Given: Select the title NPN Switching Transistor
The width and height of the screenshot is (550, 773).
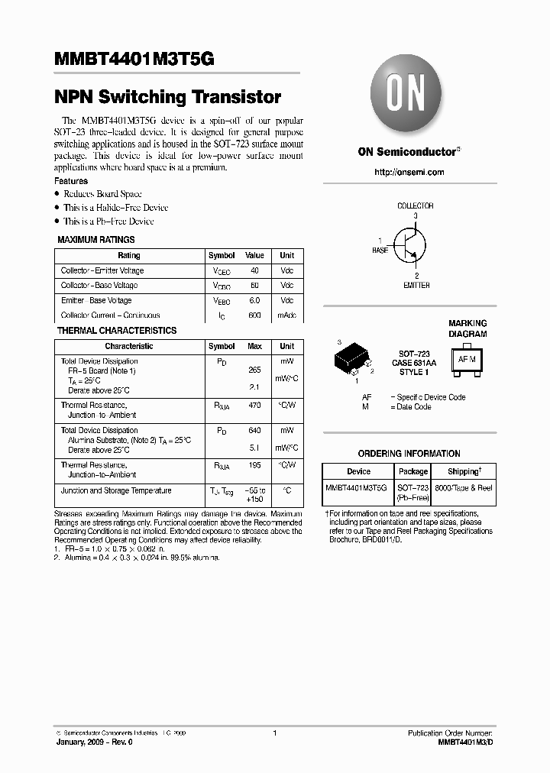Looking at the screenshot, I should click(167, 98).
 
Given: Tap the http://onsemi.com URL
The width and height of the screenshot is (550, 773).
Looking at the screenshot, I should click(409, 172).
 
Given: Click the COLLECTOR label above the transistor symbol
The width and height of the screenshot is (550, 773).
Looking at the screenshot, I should click(416, 205).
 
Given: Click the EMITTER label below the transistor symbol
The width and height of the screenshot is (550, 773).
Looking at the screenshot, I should click(416, 285).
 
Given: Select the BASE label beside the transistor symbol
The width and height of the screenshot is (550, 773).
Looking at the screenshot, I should click(380, 250).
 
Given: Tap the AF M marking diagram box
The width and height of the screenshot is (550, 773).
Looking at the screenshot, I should click(467, 358).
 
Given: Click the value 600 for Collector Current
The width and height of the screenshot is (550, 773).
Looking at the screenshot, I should click(254, 315).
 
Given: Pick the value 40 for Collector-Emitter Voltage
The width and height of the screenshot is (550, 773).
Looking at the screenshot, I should click(254, 270).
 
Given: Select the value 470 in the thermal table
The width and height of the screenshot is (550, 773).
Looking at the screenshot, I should click(254, 405).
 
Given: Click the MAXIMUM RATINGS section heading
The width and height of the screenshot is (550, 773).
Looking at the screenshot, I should click(96, 240).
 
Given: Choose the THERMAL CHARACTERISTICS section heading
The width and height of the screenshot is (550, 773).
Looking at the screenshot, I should click(117, 331).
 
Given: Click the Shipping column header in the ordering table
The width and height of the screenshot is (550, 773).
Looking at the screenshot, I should click(464, 471).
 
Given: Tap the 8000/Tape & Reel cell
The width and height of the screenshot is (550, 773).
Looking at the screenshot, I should click(464, 487).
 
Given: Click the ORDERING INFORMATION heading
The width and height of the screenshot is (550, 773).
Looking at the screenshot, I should click(409, 453).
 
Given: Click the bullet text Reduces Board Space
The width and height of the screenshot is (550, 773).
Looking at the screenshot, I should click(102, 194).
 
